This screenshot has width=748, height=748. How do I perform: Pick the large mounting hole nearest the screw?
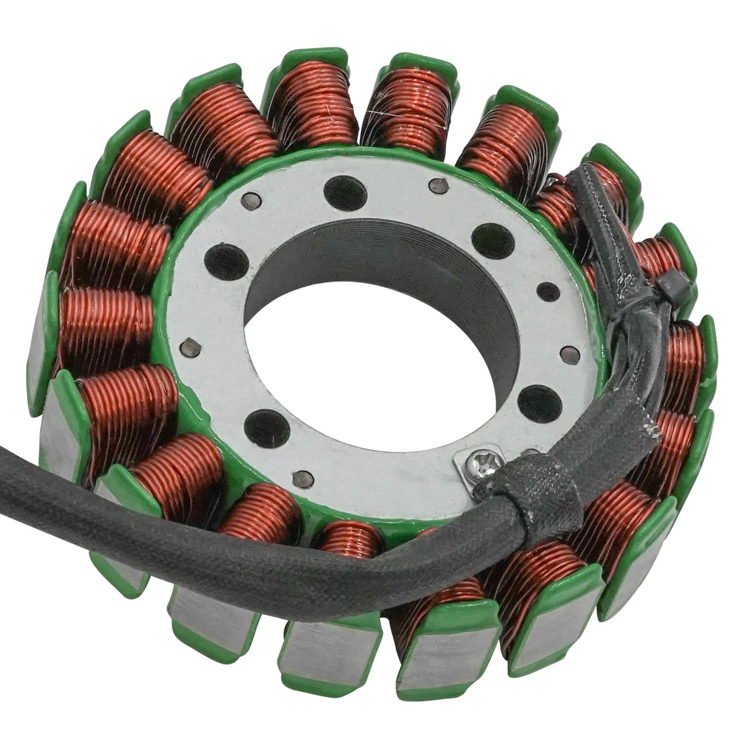point(539,401)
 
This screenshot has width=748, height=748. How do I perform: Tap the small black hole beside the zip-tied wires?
point(548,291)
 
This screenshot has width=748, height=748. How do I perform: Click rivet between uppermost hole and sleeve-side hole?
point(439,185)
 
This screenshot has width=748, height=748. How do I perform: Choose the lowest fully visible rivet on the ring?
point(303,477)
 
